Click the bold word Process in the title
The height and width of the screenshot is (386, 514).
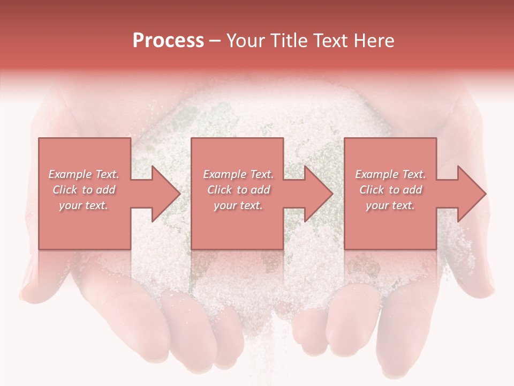pos(168,41)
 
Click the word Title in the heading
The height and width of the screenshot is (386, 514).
pos(286,41)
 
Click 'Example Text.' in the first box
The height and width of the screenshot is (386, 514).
pos(84,174)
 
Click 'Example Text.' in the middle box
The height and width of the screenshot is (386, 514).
pos(238,174)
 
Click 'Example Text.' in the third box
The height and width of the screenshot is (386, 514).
pos(390,174)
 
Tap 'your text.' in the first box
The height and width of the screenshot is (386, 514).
pos(84,205)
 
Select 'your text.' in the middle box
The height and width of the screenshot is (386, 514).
pos(238,205)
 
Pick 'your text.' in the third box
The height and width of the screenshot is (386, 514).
pos(390,205)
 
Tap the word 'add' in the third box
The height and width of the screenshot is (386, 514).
pos(412,190)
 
